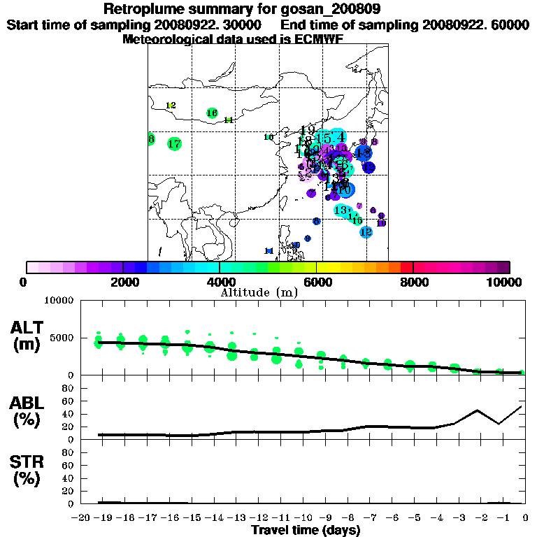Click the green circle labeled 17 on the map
175,144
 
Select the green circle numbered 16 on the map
213,113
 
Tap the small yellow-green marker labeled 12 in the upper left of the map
171,106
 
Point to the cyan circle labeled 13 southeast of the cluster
341,210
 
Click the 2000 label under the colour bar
123,282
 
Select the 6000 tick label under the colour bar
316,282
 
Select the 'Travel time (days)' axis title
306,530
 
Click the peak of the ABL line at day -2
477,410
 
